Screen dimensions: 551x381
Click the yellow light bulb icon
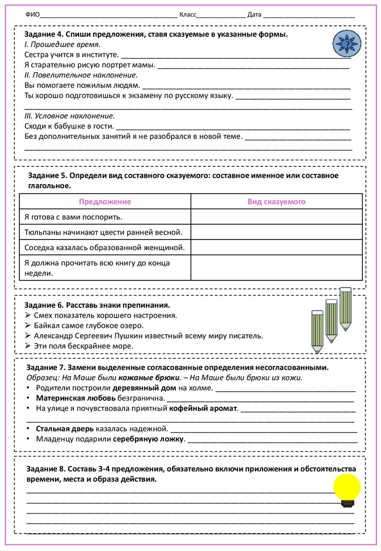click(347, 489)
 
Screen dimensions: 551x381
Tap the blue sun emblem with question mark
click(346, 43)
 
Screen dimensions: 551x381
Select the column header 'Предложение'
click(105, 201)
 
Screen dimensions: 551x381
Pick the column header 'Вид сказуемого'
click(276, 201)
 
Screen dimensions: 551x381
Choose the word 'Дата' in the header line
click(255, 15)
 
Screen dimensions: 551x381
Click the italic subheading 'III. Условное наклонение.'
click(69, 116)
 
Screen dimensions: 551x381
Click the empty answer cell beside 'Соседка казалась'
click(276, 248)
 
